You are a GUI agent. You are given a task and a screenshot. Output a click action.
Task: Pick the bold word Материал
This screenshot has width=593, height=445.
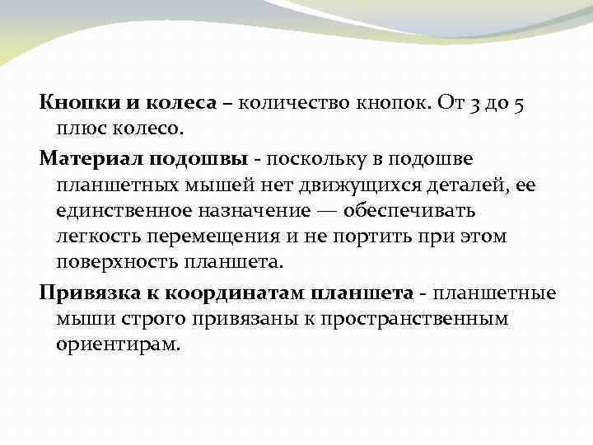tap(92, 157)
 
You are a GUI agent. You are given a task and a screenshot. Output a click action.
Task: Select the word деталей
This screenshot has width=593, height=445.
tap(467, 185)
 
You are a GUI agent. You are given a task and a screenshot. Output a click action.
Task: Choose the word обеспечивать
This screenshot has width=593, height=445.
tap(423, 211)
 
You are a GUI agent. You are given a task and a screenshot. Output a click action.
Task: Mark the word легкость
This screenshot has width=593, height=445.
tap(99, 237)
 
